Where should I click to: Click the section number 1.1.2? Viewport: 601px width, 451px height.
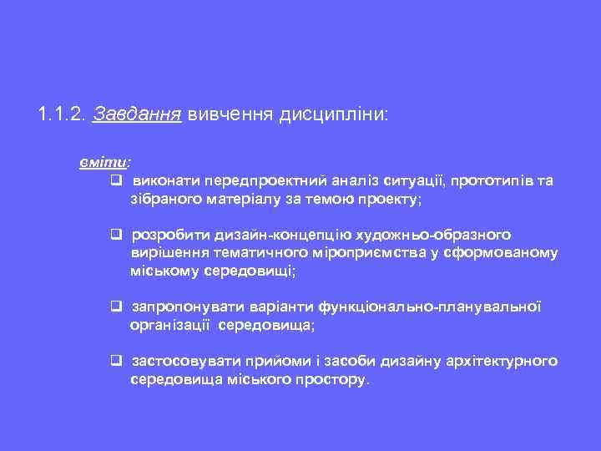pyautogui.click(x=62, y=113)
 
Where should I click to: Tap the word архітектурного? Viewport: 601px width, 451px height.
pyautogui.click(x=500, y=361)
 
